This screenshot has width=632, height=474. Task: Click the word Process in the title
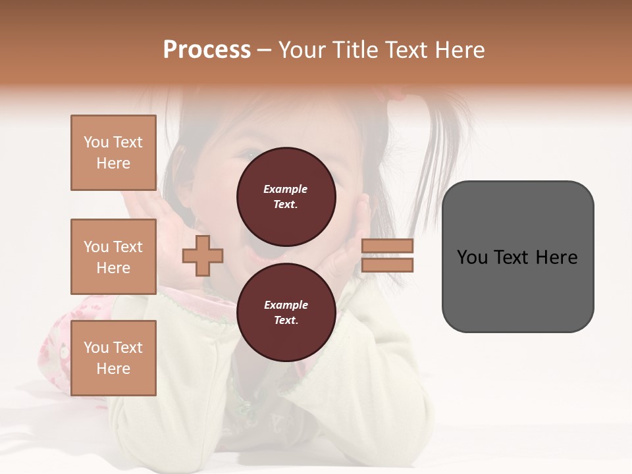207,50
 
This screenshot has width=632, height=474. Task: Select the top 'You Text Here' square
113,153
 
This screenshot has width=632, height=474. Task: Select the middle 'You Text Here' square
113,257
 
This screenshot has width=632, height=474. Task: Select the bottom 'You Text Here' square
113,358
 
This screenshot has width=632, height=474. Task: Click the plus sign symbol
202,255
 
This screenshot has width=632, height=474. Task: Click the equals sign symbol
387,255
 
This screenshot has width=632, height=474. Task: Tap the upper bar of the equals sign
387,246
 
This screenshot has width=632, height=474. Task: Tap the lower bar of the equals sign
387,265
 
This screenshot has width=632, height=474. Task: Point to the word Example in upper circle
286,189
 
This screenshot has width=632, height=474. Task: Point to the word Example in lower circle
286,305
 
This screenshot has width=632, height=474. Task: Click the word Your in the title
302,50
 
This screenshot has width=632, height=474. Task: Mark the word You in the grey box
473,257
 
